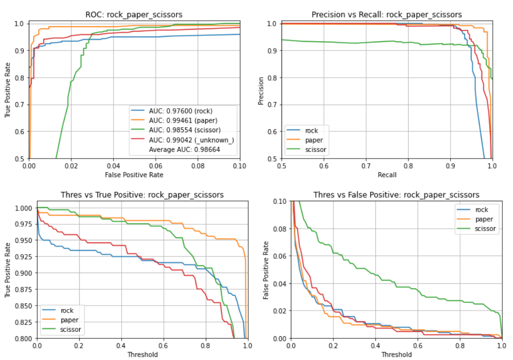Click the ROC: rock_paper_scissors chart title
[134, 15]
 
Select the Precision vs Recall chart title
[387, 15]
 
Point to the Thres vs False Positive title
[396, 195]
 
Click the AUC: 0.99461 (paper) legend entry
[181, 120]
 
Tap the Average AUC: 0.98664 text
[185, 150]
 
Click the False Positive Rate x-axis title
[134, 175]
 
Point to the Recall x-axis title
[386, 175]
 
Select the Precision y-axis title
[261, 91]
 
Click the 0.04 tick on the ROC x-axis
[113, 165]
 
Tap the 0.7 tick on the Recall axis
[366, 165]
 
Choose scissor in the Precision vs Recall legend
[316, 149]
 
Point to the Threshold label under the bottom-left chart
[142, 354]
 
